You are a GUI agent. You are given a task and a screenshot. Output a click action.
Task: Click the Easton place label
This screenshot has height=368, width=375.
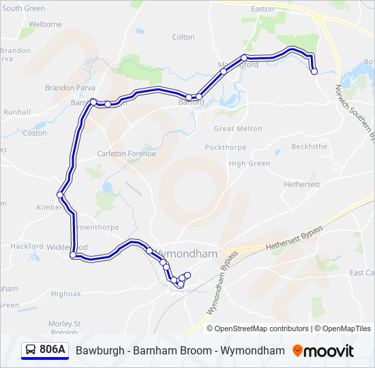pos(262,9)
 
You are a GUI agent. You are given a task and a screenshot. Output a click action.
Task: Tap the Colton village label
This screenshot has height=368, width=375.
pos(183,37)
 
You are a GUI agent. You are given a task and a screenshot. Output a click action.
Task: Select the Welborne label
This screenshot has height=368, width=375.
pos(45,25)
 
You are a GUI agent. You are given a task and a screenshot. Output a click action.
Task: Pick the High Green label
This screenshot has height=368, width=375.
pos(250,164)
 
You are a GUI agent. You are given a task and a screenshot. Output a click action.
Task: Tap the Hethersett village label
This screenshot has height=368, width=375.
pos(301,185)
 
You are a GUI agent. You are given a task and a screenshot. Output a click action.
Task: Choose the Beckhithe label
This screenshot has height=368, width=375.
pos(309,147)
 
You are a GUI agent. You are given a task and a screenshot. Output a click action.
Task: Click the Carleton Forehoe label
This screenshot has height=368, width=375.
pos(126,153)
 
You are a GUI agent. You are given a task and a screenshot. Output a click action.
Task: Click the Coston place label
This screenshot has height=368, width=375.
pos(35,133)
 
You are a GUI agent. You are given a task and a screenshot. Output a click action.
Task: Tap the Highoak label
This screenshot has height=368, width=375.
pos(65,294)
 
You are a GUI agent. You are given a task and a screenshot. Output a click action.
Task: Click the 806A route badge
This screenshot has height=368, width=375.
pos(45,350)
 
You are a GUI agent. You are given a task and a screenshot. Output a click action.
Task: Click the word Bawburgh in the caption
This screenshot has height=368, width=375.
pos(98,351)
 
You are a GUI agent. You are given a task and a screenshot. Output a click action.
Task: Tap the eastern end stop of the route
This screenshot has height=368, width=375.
pos(314,71)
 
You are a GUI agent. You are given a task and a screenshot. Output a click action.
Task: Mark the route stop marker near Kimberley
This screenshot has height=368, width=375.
pos(61,195)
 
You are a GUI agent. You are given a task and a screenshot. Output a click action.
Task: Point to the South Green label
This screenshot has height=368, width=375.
pos(24,8)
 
